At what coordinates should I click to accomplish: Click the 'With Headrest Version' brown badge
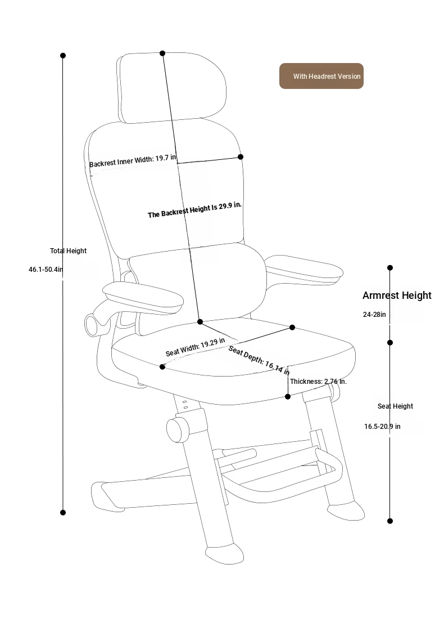(321, 76)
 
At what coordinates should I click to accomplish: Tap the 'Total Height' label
(68, 250)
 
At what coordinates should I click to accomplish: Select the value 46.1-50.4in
(46, 270)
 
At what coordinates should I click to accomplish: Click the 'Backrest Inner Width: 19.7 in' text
(133, 161)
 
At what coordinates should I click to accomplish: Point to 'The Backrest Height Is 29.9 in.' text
(195, 210)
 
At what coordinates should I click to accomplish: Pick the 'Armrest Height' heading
(397, 295)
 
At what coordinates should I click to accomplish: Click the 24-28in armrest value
(374, 315)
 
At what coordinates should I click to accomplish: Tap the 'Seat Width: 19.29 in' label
(195, 347)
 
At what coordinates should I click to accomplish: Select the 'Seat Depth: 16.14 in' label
(259, 360)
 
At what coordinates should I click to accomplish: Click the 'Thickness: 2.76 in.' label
(318, 382)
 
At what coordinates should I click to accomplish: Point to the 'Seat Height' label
(395, 406)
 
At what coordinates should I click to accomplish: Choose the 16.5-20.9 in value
(382, 427)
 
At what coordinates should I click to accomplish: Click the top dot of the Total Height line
(63, 55)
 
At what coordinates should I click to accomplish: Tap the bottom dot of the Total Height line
(63, 513)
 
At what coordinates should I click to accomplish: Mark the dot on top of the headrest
(162, 53)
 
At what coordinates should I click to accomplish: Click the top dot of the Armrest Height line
(390, 268)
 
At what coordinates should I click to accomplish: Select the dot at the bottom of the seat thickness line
(288, 397)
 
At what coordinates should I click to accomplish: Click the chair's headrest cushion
(171, 87)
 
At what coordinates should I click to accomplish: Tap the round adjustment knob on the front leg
(177, 430)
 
